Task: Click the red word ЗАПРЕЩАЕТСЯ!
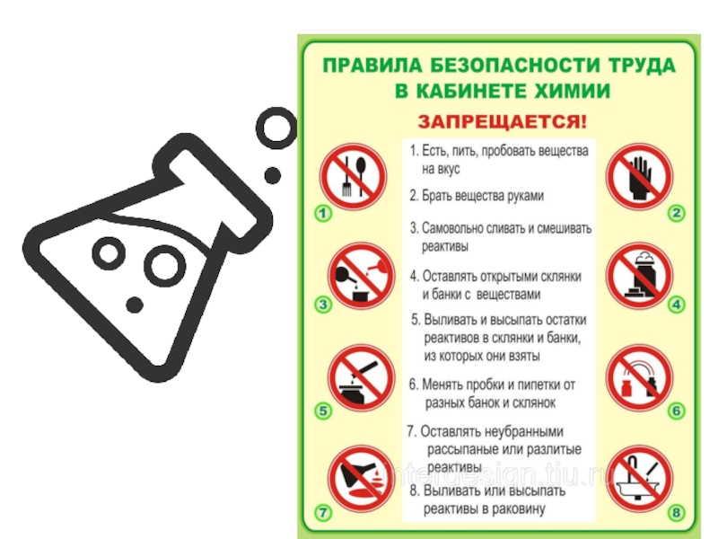coord(502,122)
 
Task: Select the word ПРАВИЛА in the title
coord(372,65)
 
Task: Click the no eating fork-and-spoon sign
coord(353,176)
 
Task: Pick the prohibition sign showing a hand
coord(639,176)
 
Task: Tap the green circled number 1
coord(323,213)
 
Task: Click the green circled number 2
coord(677,213)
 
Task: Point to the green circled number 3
coord(323,305)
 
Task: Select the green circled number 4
coord(677,305)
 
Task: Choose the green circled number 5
coord(323,411)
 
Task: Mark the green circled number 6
coord(677,411)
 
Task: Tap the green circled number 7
coord(323,512)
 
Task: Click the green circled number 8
coord(677,512)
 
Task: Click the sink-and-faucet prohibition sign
coord(639,479)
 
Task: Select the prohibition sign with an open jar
coord(639,276)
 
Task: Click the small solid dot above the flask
coord(273,175)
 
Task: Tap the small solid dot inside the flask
coord(134,305)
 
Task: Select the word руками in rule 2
coord(526,196)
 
